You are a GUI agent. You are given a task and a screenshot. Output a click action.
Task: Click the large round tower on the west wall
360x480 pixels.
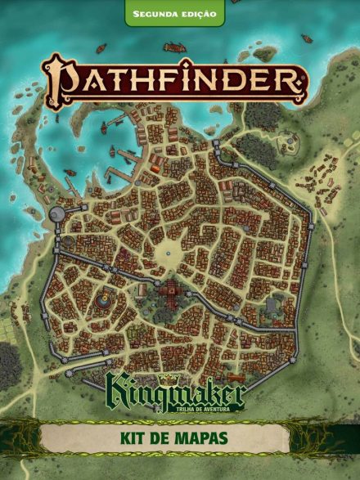pyautogui.click(x=57, y=214)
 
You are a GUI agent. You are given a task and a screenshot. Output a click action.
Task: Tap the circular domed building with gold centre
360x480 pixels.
pyautogui.click(x=104, y=301)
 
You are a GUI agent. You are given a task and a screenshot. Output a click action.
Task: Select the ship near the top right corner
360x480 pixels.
pyautogui.click(x=308, y=37)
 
